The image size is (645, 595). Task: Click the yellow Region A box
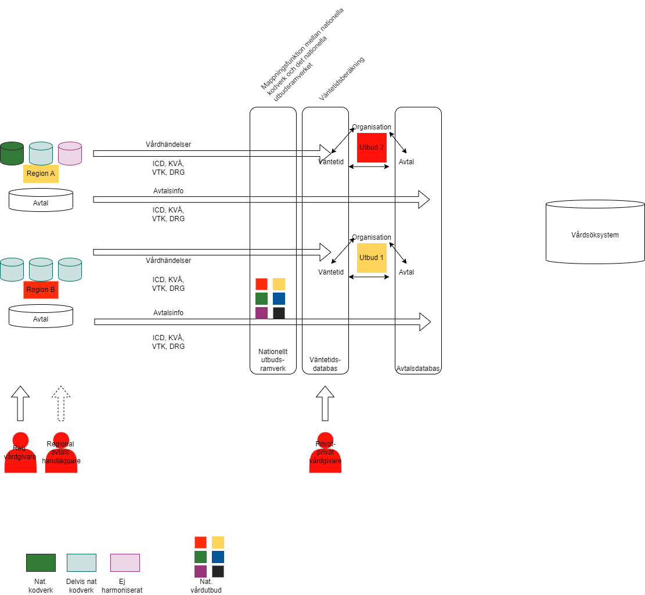pyautogui.click(x=41, y=174)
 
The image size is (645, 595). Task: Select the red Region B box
pyautogui.click(x=41, y=290)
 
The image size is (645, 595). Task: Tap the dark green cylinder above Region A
pyautogui.click(x=12, y=153)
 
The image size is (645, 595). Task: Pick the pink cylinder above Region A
pyautogui.click(x=70, y=153)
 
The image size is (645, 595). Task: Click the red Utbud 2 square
pyautogui.click(x=372, y=147)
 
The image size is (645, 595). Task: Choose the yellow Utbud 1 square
pyautogui.click(x=372, y=258)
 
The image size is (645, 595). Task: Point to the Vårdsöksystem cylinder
pyautogui.click(x=595, y=235)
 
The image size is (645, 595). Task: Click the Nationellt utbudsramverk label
pyautogui.click(x=273, y=360)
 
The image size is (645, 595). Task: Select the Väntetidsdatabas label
pyautogui.click(x=325, y=364)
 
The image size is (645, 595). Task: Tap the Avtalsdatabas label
pyautogui.click(x=418, y=369)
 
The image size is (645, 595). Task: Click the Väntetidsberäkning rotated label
pyautogui.click(x=342, y=79)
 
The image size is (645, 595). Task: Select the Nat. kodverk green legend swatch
pyautogui.click(x=41, y=562)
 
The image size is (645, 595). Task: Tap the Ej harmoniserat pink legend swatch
pyautogui.click(x=125, y=562)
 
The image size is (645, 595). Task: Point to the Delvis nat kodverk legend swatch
pyautogui.click(x=81, y=562)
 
